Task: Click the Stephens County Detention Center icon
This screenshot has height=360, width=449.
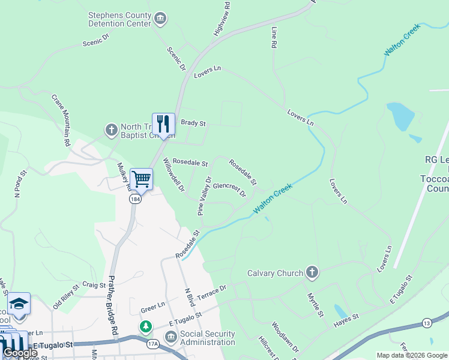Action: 160,19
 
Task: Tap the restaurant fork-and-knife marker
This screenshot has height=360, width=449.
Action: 163,124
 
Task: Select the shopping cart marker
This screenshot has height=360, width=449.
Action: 141,178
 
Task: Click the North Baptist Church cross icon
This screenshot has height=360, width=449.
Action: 111,130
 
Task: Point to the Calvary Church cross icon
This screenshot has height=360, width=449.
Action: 311,273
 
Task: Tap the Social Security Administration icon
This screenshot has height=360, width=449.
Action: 170,338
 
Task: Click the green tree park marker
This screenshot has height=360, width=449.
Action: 145,328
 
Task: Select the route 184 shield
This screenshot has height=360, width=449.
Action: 136,199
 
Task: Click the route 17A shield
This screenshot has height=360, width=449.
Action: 153,344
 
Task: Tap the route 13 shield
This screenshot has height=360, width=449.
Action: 426,323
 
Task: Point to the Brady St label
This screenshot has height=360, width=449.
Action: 193,123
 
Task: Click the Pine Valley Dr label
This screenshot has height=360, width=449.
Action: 205,196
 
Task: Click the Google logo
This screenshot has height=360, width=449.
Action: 20,353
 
